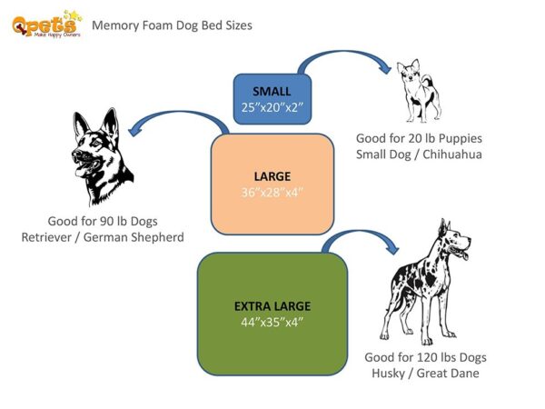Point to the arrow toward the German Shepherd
tap(177, 121)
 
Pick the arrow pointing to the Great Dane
tap(363, 238)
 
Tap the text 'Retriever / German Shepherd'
tap(103, 237)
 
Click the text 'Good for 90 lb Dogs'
tap(103, 221)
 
